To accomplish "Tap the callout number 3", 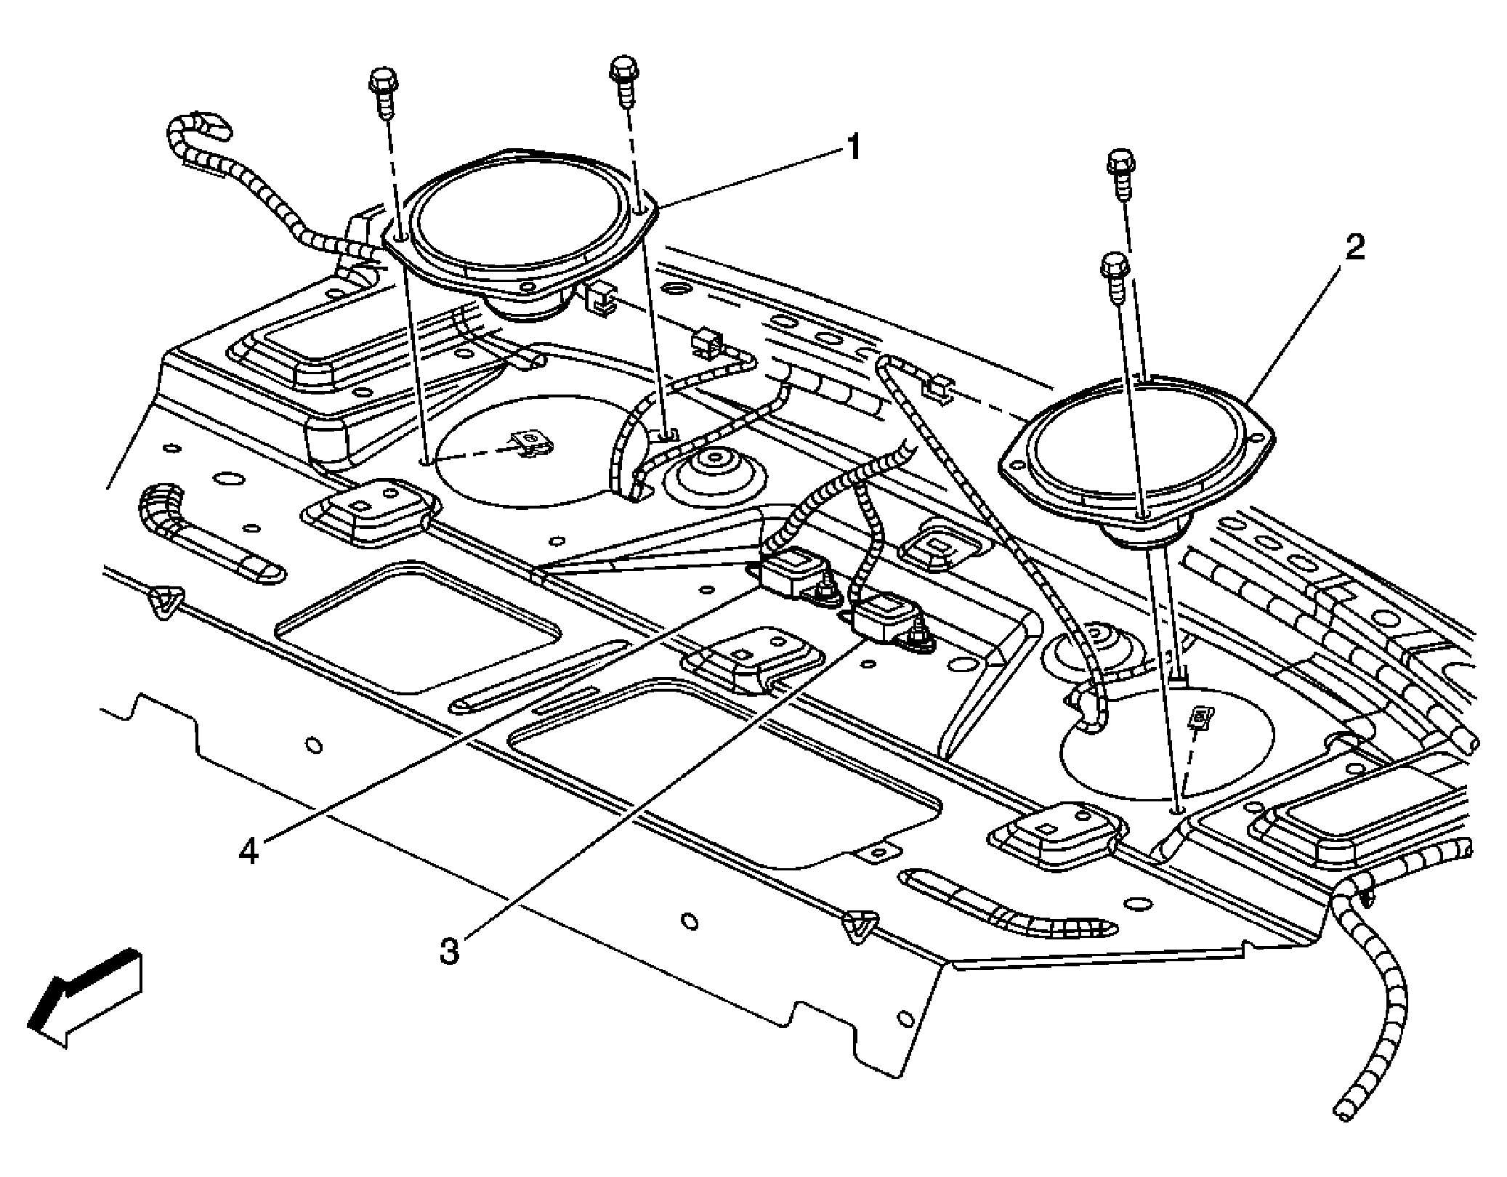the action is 450,950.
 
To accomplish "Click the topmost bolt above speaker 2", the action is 1120,173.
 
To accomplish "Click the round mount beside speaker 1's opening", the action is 715,474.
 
